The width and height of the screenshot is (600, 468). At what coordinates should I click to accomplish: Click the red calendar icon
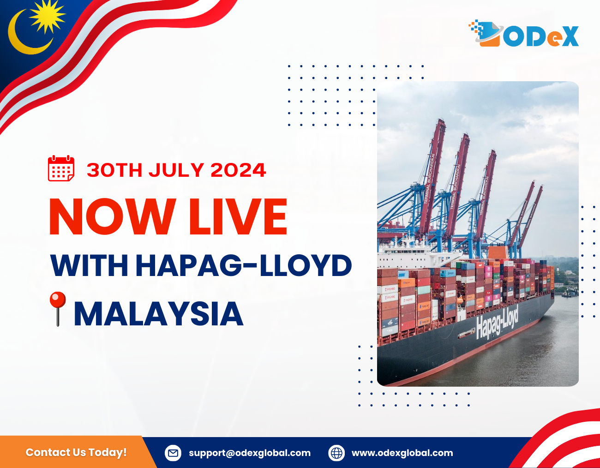61,168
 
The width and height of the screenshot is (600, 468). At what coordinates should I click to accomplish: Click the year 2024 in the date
238,170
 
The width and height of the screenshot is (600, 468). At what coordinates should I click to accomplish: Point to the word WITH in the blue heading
89,265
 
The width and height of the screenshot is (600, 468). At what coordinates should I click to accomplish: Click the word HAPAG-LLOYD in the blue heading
244,265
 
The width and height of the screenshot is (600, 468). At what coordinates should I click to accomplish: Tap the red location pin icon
57,309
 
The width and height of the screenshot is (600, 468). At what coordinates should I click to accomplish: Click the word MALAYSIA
158,314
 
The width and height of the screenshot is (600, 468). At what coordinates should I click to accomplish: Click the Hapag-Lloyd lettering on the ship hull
497,323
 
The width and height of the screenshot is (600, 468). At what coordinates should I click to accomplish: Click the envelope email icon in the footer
173,453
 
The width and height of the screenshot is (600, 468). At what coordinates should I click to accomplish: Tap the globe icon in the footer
336,453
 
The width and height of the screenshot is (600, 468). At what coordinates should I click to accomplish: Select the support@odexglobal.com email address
250,453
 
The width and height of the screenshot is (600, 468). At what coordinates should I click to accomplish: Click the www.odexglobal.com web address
402,453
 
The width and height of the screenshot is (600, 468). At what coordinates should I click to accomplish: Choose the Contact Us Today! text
76,452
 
